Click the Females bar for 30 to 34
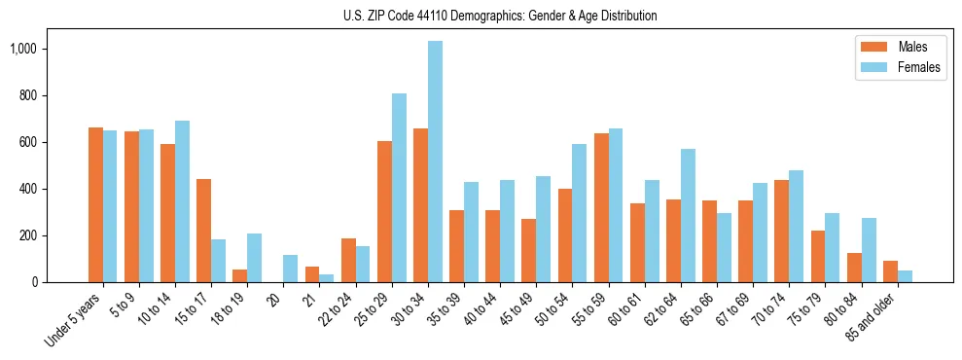pos(435,162)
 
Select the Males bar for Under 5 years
pos(95,205)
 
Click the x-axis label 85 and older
pos(872,320)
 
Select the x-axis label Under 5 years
pos(73,320)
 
